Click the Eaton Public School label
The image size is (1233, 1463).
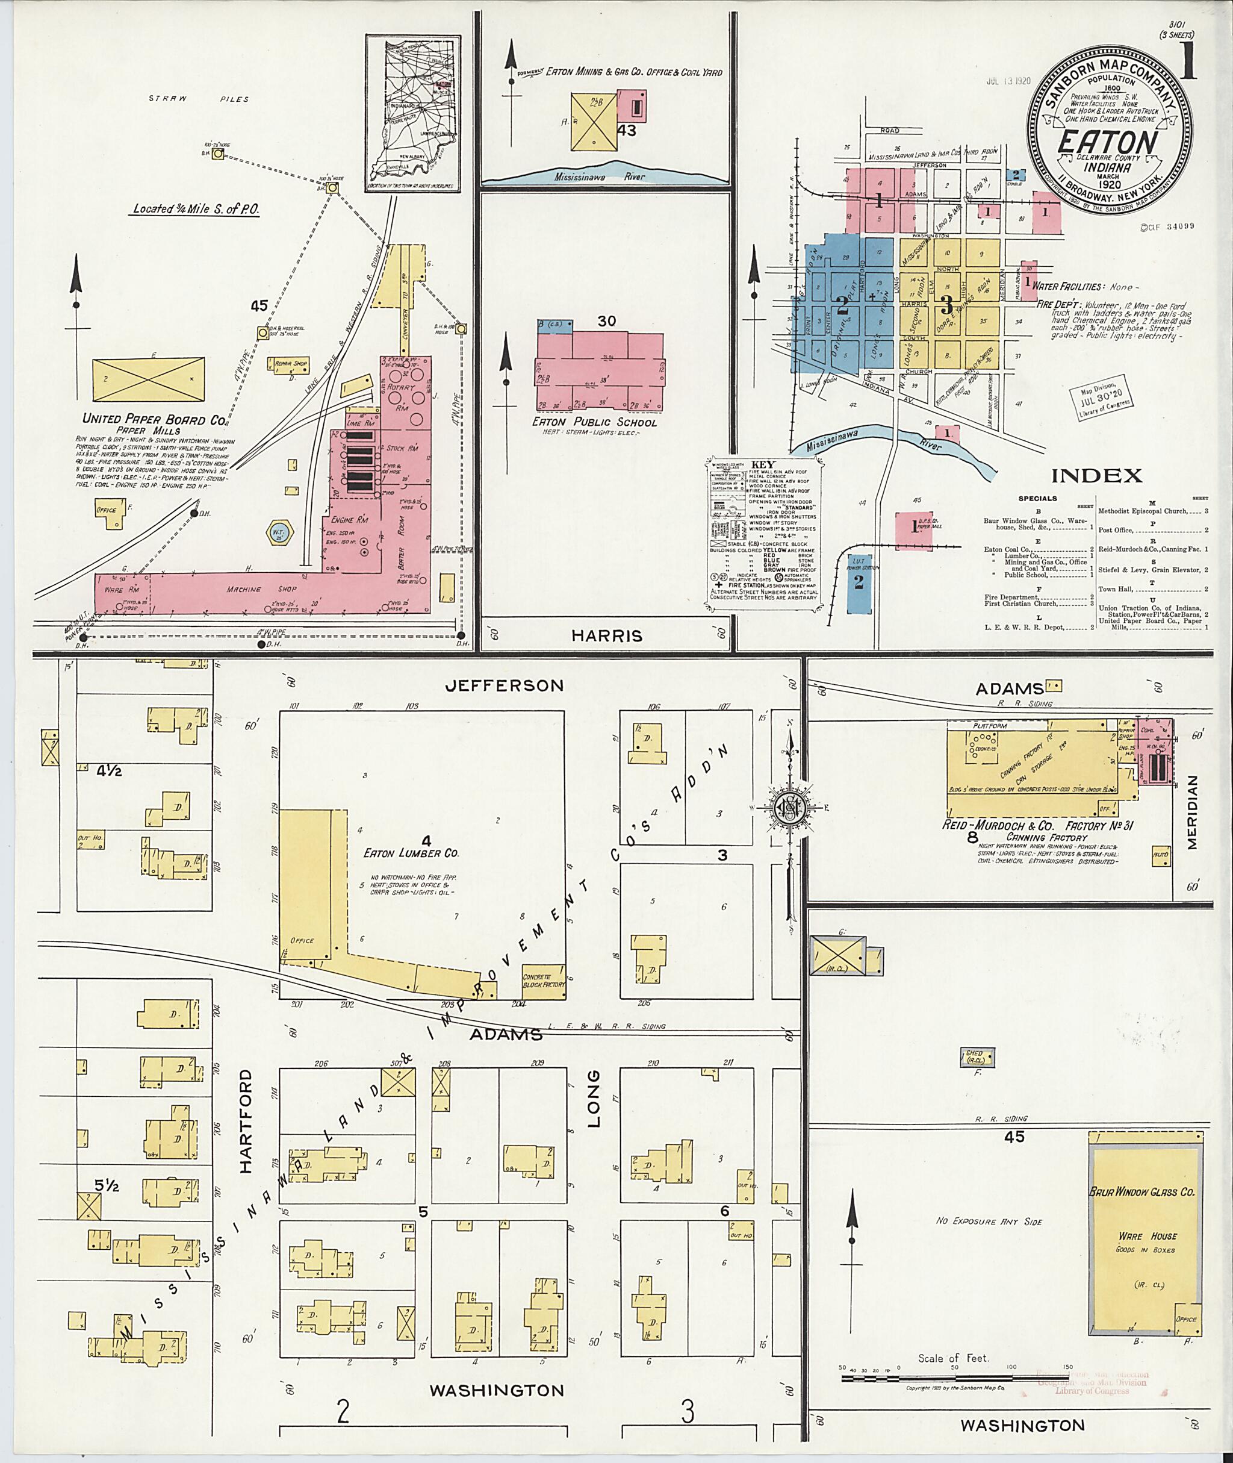[594, 422]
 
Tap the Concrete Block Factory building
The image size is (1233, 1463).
[543, 981]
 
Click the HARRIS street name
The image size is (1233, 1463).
[607, 635]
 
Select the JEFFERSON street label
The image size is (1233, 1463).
[505, 685]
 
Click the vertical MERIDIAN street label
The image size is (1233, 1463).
[1192, 812]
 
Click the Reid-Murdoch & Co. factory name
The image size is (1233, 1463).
[1037, 826]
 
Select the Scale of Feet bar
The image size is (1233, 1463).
[954, 1379]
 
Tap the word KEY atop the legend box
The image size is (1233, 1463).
[761, 464]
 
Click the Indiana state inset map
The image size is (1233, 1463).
[412, 113]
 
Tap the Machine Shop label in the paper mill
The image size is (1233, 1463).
[243, 589]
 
